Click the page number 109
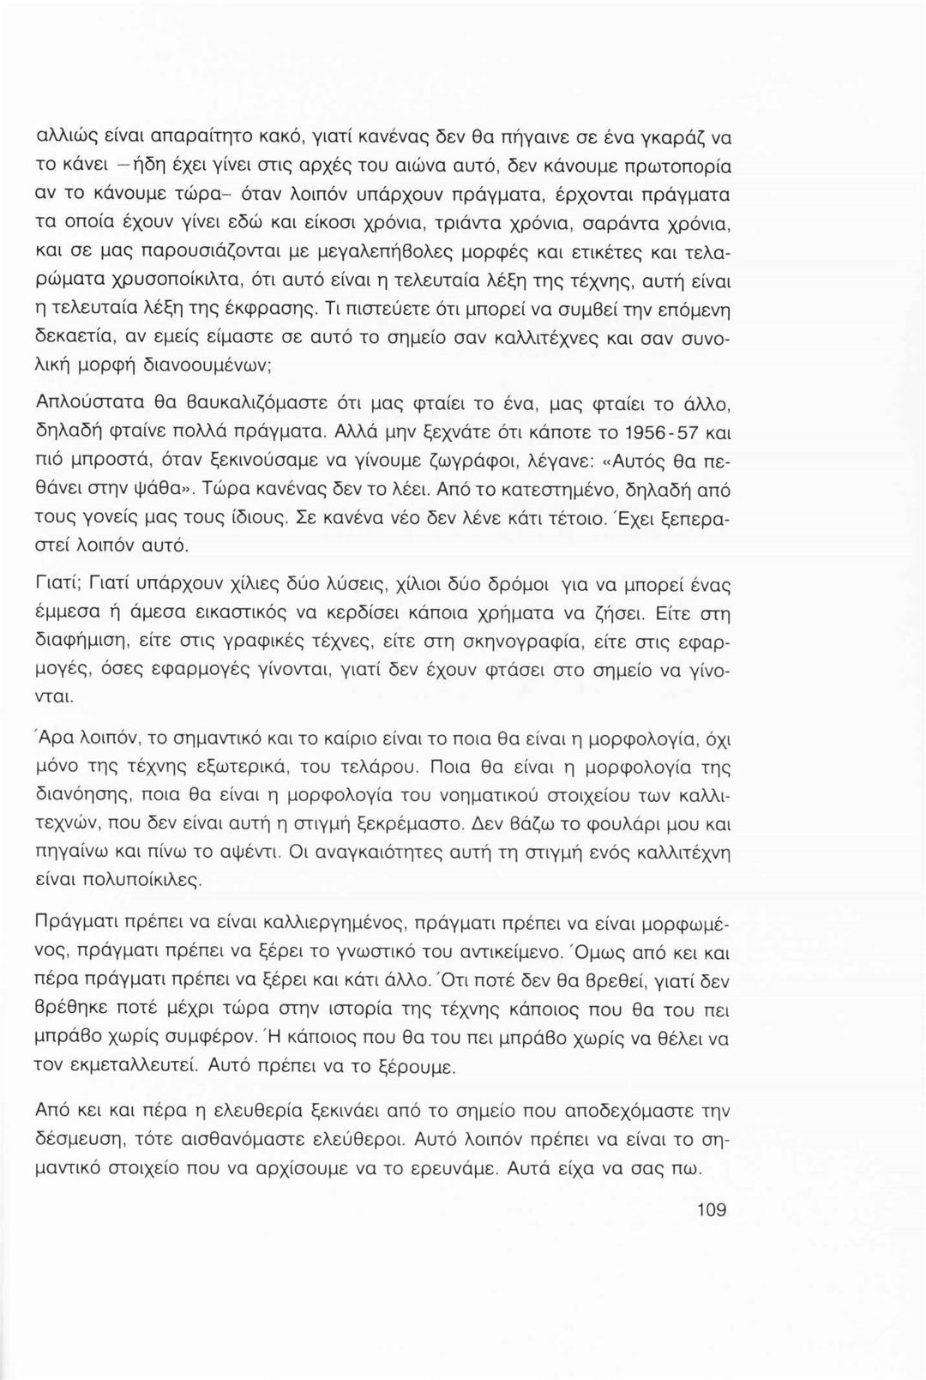(712, 1210)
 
